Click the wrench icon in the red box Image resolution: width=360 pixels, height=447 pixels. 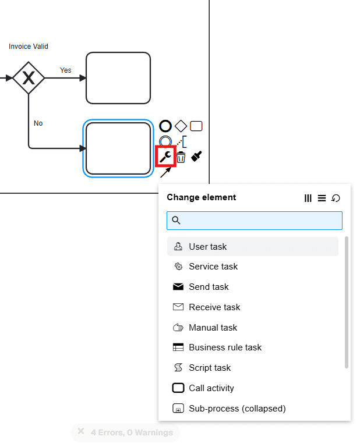point(166,156)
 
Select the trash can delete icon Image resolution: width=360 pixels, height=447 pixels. point(181,157)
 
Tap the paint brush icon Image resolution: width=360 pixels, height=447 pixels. point(197,156)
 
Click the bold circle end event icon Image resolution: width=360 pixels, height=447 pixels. point(165,126)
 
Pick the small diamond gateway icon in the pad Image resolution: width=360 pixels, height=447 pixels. point(181,126)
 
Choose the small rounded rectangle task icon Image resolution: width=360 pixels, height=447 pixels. point(196,126)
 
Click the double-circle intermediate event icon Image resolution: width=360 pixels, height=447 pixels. point(165,141)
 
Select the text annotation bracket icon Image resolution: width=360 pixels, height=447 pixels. point(182,141)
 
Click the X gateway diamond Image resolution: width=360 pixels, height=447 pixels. point(29,78)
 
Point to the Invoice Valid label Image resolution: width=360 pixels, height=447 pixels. point(29,47)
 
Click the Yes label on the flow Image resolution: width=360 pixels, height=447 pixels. point(66,70)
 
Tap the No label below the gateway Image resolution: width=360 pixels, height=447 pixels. point(38,123)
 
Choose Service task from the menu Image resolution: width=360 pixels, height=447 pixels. point(213,267)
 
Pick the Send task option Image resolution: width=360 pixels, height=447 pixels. point(209,287)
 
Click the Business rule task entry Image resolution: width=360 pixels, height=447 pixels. point(225,347)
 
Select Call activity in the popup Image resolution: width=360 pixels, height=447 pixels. point(211,388)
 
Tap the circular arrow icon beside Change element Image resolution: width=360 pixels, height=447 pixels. point(336,198)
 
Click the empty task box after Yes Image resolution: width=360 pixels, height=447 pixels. point(118,78)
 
